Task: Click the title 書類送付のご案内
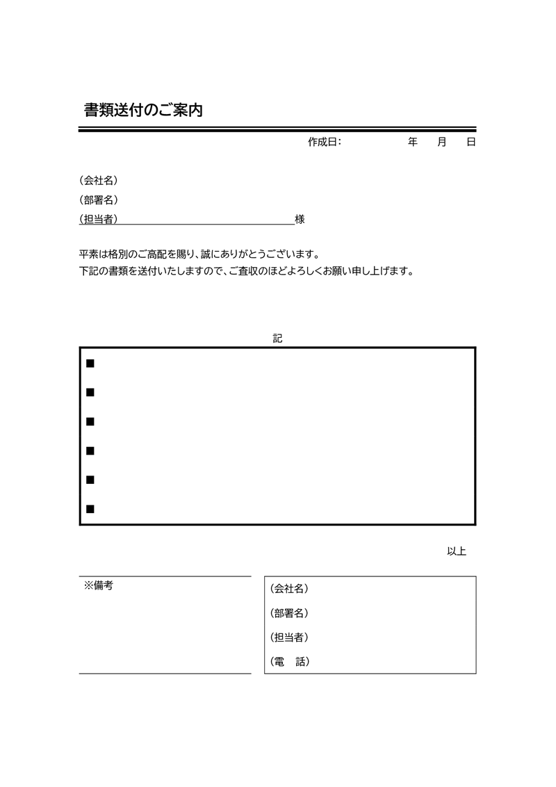[143, 110]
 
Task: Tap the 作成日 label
[324, 142]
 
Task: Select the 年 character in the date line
[413, 142]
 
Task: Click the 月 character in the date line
[442, 142]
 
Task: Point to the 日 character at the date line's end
[471, 142]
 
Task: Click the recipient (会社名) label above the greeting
[99, 180]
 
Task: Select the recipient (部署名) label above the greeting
[99, 200]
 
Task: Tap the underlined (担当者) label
[99, 219]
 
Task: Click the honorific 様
[300, 219]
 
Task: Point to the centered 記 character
[278, 339]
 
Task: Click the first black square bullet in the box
[90, 364]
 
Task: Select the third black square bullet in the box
[90, 422]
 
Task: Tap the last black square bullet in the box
[90, 509]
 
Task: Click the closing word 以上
[456, 551]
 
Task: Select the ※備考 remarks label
[98, 585]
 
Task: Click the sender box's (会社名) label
[288, 588]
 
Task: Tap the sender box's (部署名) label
[288, 612]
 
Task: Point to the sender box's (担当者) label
[288, 637]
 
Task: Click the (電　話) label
[288, 662]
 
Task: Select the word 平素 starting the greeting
[90, 254]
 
